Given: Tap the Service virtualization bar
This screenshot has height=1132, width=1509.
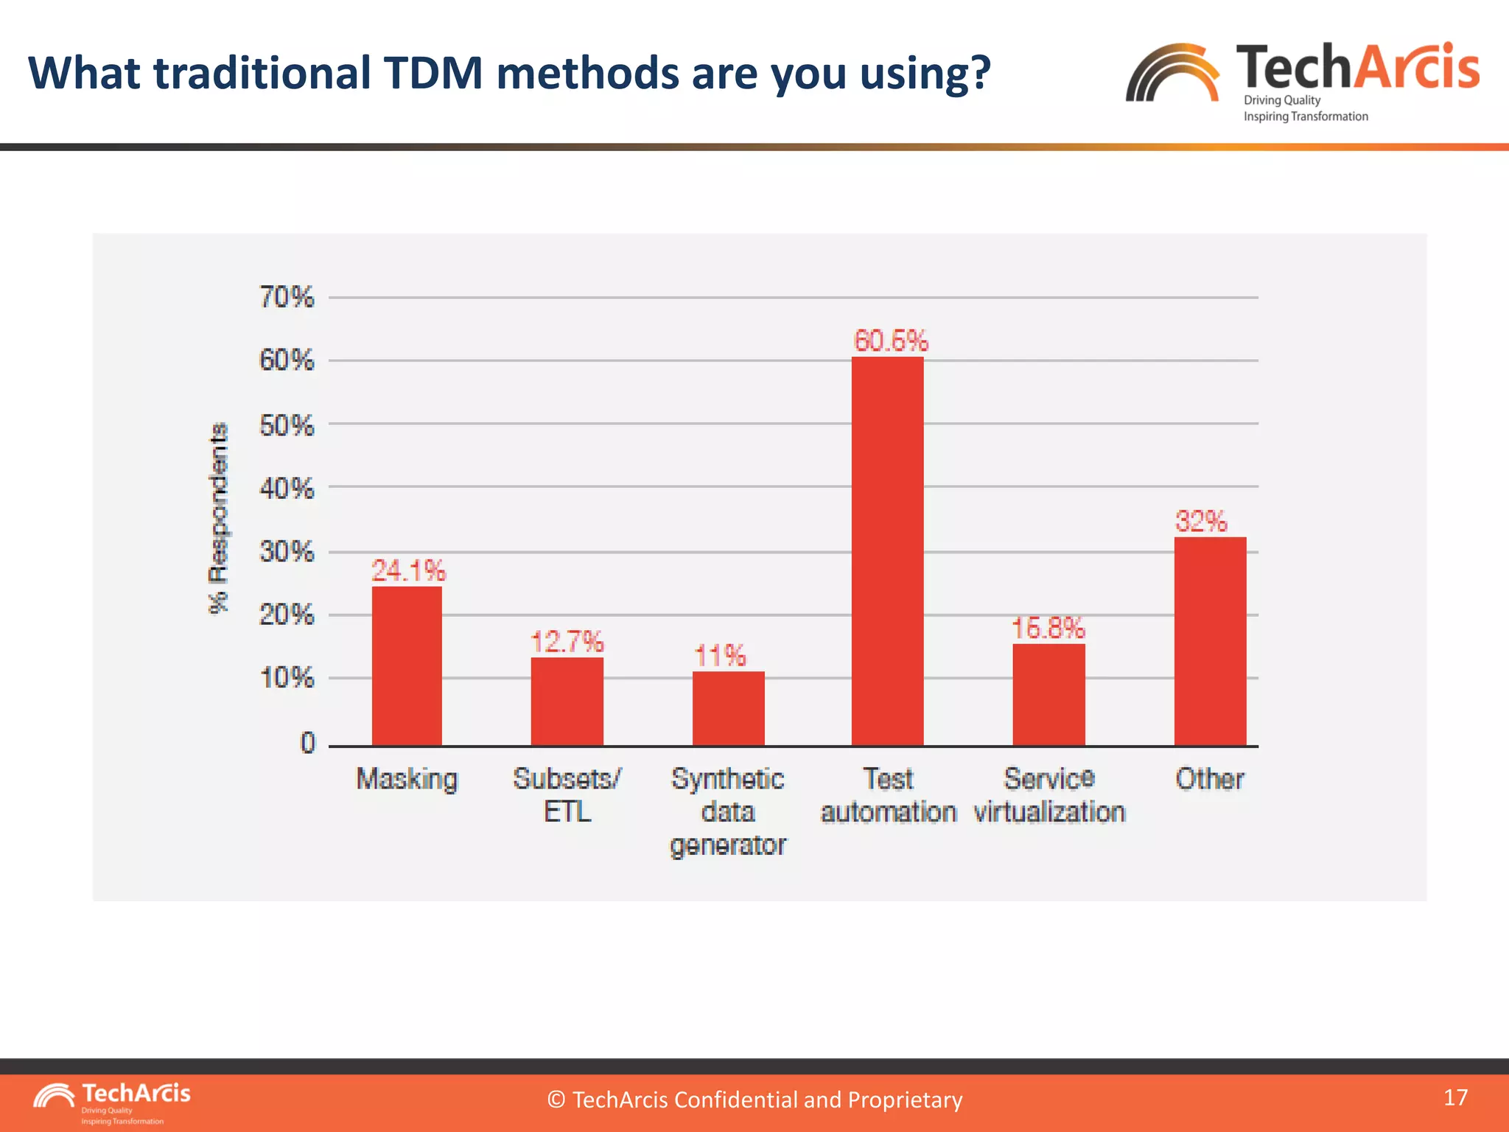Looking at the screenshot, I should point(1048,694).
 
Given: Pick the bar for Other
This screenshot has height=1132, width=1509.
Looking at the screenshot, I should point(1210,641).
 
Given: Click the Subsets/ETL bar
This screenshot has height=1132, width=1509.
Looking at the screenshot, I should point(567,701).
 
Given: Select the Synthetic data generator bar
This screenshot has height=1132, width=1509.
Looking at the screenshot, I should point(728,708).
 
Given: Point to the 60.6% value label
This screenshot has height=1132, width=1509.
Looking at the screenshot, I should point(891,340).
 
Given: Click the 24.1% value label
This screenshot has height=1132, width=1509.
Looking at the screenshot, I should point(408,570).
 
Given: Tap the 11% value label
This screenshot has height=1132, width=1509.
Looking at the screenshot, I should point(720,655).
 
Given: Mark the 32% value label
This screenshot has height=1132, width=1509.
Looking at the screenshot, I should point(1201,521).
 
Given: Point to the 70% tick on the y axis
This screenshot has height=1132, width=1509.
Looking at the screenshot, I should point(287,297).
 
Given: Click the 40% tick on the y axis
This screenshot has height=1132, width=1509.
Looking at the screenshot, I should point(287,488).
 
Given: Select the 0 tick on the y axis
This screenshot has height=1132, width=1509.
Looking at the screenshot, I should point(307,743).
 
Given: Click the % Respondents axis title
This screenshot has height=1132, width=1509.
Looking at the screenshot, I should point(218,517).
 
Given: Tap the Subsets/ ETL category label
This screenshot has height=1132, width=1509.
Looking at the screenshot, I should point(567,794).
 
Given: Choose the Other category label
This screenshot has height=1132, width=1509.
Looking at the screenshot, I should point(1209,779).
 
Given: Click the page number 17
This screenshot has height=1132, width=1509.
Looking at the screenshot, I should point(1455,1097).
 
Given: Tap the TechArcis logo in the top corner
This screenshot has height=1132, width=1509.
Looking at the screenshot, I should point(1302,80).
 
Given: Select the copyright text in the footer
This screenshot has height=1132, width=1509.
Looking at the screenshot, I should point(754,1100).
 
